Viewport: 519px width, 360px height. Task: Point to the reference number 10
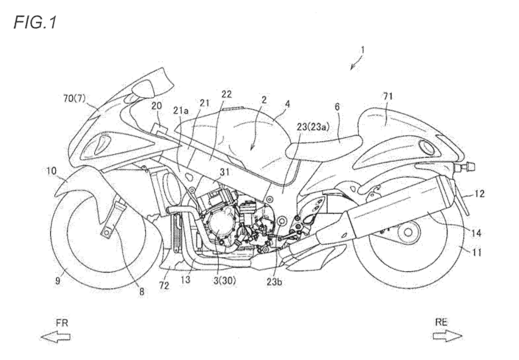(51, 170)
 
